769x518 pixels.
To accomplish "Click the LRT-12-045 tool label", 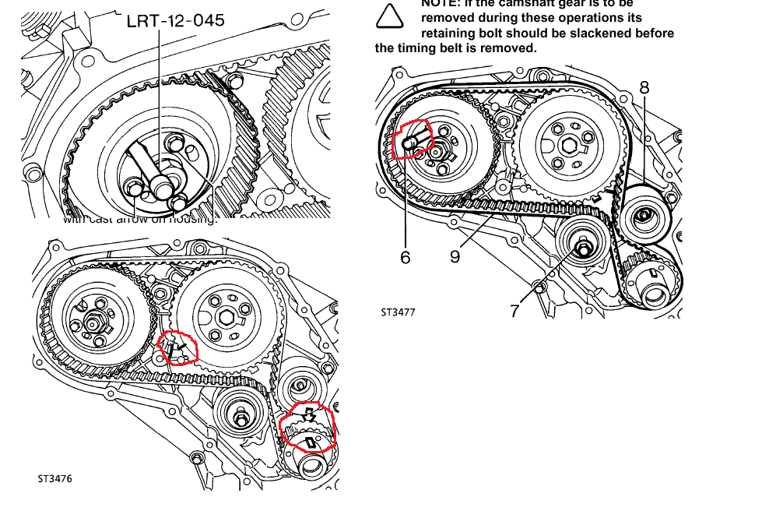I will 175,20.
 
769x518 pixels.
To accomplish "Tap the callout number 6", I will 406,256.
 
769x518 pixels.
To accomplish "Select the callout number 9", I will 455,256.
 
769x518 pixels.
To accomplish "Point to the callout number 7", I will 514,310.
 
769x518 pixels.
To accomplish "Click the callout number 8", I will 644,87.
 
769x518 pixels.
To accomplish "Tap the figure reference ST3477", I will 398,312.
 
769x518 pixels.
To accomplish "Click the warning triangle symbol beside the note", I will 392,16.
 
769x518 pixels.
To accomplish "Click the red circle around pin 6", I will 411,139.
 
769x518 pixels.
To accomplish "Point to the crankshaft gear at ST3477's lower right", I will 650,279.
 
